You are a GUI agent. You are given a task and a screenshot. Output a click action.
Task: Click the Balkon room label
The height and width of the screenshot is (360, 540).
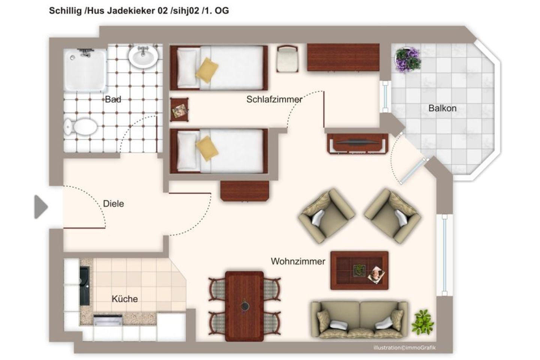(x=442, y=108)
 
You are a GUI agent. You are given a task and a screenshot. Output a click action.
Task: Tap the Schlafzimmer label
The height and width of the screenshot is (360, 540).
(x=274, y=99)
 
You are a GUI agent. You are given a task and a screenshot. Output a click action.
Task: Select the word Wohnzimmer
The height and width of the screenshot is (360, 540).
(x=298, y=261)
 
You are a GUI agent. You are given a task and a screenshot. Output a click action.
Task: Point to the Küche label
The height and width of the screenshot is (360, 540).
(x=124, y=299)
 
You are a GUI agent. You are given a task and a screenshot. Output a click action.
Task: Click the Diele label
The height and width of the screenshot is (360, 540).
(x=113, y=204)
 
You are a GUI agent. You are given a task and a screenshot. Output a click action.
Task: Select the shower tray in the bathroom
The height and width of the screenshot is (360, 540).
(x=85, y=70)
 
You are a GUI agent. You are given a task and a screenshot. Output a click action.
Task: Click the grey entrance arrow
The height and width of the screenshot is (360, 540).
(x=40, y=207)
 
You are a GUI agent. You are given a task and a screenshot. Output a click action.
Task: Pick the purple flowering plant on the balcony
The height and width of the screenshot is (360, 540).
(x=408, y=59)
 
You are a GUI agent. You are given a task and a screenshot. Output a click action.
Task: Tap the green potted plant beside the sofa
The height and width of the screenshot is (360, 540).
(x=423, y=322)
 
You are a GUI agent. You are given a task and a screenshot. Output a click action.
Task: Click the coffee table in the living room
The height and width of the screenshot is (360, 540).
(x=359, y=270)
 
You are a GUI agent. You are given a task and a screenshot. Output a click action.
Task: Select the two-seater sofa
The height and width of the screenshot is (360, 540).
(x=359, y=320)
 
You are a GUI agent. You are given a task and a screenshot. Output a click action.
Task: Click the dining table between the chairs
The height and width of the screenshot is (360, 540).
(x=244, y=306)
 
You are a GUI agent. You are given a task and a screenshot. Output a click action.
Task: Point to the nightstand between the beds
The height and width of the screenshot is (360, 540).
(x=179, y=109)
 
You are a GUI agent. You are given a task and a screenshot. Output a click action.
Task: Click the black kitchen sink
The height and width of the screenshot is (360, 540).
(x=84, y=285)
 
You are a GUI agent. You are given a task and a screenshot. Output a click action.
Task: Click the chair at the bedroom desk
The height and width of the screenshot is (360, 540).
(x=287, y=58)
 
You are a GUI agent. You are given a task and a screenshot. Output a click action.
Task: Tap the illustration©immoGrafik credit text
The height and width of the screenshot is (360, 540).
(x=404, y=348)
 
